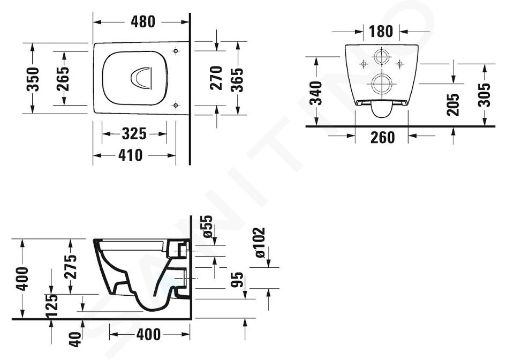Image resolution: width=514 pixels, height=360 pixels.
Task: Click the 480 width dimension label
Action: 143,22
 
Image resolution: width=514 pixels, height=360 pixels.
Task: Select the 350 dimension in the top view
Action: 33,79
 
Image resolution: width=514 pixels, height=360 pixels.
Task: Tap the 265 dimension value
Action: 63,79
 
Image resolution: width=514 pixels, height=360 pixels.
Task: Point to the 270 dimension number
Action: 216,78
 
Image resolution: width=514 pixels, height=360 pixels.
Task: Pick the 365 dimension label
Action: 237,80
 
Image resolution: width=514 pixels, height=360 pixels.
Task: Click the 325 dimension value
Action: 134,134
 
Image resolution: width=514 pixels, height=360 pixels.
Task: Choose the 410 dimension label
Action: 131,155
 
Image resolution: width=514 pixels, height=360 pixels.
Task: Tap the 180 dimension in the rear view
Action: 381,32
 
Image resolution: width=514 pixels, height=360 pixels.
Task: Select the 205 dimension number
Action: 453,104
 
